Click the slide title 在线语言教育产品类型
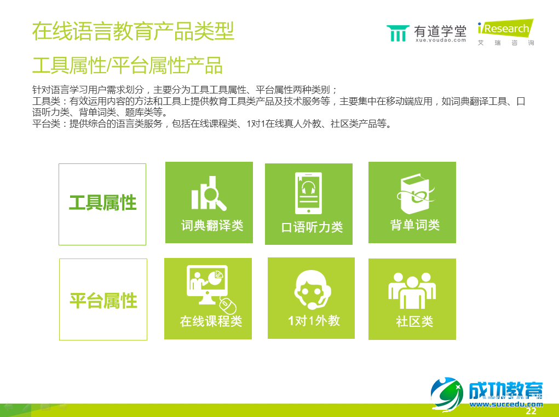point(133,31)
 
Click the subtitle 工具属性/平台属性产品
point(128,66)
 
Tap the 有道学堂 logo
point(427,33)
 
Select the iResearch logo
point(505,32)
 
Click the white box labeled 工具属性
point(102,204)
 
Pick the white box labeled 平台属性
point(103,299)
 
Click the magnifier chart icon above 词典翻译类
point(208,193)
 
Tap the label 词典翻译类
point(212,225)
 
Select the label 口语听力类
point(312,227)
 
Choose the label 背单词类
point(415,225)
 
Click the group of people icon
point(412,289)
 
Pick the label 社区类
point(414,321)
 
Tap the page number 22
point(531,411)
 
